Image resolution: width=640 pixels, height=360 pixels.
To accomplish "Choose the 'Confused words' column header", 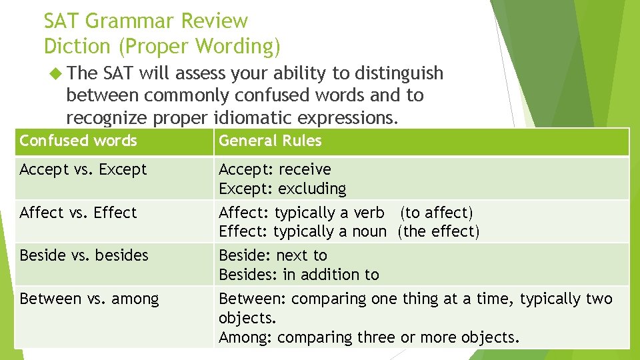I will [x=78, y=141].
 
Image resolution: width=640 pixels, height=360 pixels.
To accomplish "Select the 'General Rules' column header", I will [x=270, y=141].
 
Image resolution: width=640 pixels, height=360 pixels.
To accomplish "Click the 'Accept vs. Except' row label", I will [x=83, y=169].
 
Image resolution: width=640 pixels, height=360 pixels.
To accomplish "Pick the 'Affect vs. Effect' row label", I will [x=78, y=213].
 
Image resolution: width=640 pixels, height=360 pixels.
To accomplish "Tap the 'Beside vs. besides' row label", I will [x=84, y=255].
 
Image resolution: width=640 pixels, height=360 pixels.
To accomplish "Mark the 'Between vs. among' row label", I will [x=89, y=299].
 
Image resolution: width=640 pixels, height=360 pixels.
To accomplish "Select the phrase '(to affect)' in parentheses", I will [x=436, y=213].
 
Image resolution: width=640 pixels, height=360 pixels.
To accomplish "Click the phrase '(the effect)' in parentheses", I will [x=438, y=231].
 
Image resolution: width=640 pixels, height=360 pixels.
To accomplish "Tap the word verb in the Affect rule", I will [x=369, y=213].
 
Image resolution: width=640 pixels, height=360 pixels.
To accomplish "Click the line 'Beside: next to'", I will [x=273, y=255].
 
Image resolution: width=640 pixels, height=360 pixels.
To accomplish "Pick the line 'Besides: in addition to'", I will [x=299, y=274].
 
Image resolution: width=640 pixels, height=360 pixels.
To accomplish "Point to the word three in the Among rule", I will [x=376, y=337].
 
